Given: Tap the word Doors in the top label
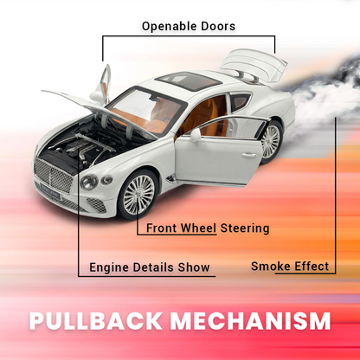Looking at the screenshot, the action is (218, 26).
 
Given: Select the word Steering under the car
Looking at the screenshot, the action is (245, 228).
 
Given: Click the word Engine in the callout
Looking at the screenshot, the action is (109, 267).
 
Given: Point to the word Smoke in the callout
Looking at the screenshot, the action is (268, 266).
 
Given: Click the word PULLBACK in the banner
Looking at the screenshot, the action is (96, 320).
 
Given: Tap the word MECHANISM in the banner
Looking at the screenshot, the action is (250, 320).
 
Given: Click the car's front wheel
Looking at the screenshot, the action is (138, 195).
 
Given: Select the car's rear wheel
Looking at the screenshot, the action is (270, 141).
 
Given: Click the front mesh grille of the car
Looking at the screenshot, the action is (53, 176).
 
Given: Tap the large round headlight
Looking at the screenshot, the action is (89, 182).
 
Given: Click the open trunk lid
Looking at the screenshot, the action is (254, 65).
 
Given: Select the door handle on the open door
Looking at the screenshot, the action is (249, 156).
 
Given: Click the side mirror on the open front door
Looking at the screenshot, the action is (196, 135).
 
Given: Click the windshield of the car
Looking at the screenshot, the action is (147, 110).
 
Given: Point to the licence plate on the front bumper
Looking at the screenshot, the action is (49, 192).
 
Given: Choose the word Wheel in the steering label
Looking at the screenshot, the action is (198, 228).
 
